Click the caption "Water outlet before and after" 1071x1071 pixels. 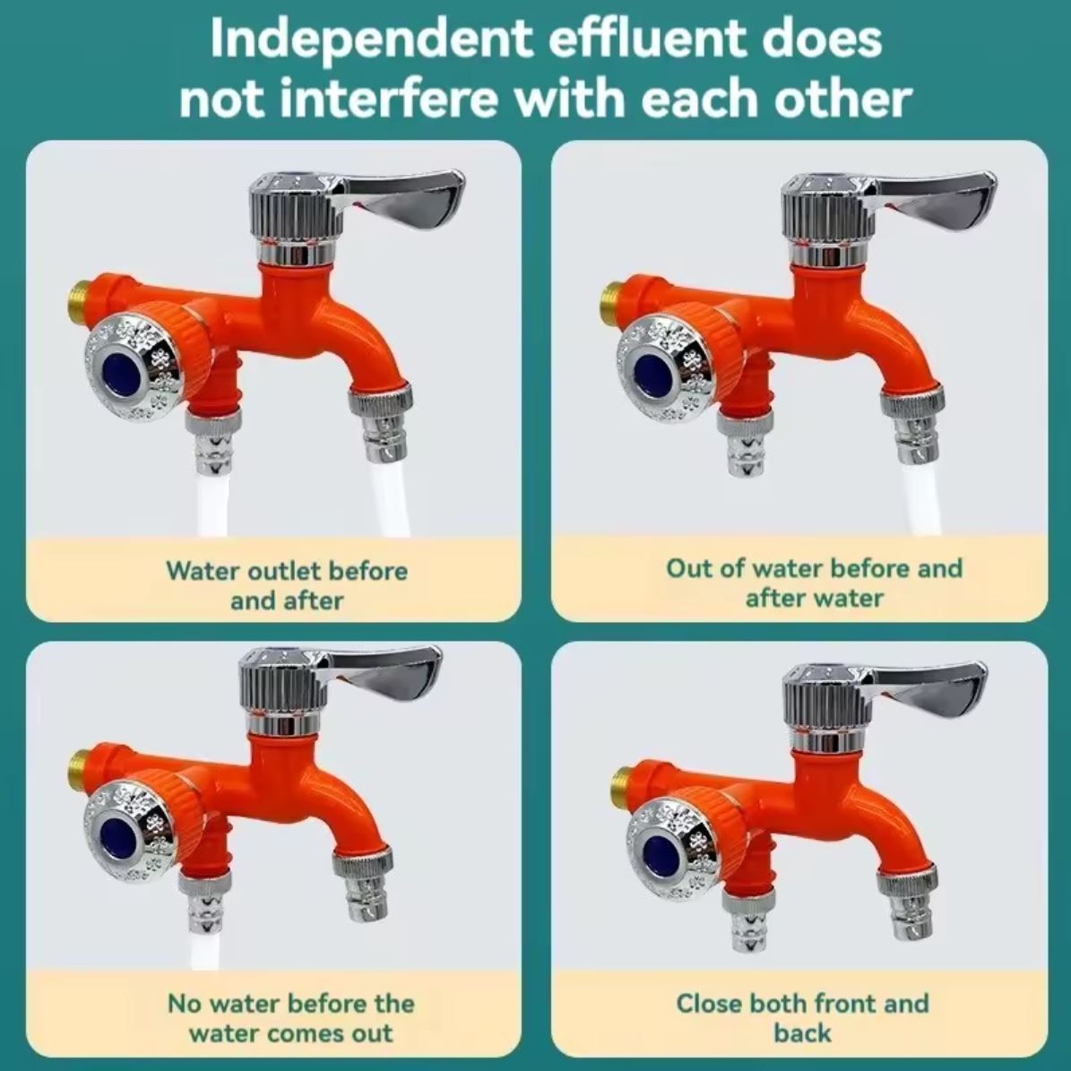click(x=287, y=585)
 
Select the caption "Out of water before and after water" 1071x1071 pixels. click(x=814, y=583)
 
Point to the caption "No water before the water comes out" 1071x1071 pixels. click(x=291, y=1018)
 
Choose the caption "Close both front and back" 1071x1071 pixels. click(x=802, y=1018)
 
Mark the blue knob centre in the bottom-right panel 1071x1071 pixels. click(x=661, y=849)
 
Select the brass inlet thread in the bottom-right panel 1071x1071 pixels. click(x=622, y=784)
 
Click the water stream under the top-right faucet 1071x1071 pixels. click(x=920, y=498)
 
